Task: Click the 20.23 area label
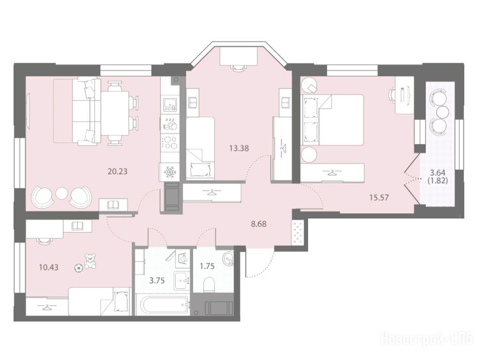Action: (x=117, y=172)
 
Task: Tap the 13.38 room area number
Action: (x=239, y=149)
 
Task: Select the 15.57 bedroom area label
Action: (x=379, y=197)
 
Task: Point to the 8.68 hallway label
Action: (x=259, y=224)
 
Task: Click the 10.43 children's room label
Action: (x=49, y=267)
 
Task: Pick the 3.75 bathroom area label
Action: (x=157, y=281)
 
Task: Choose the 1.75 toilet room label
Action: (x=207, y=266)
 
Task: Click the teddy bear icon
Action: (x=90, y=261)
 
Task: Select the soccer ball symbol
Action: (x=79, y=269)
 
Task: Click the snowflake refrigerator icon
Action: (x=169, y=172)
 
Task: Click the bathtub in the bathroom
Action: (x=162, y=304)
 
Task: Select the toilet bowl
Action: (x=210, y=285)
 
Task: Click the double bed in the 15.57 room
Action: (x=332, y=120)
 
